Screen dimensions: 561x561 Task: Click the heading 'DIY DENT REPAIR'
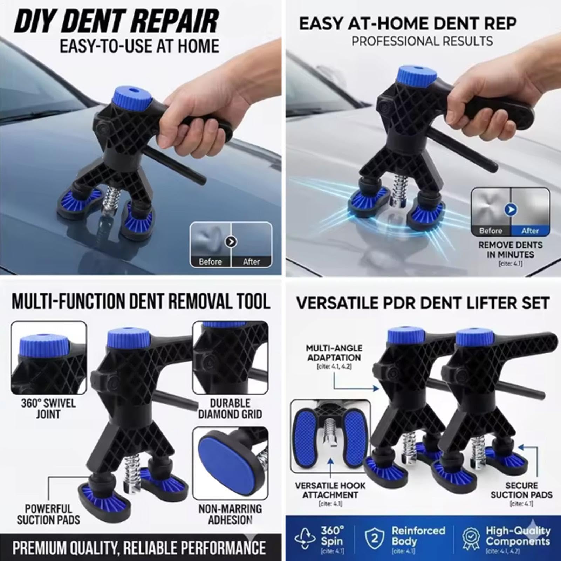(x=116, y=22)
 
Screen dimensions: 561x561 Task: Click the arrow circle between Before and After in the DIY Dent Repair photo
(x=231, y=242)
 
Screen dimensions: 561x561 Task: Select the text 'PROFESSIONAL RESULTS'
(x=422, y=41)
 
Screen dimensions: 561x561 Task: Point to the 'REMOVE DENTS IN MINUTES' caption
(x=510, y=249)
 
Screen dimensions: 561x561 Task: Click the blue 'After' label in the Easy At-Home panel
(x=530, y=231)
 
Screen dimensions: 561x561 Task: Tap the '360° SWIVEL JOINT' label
(x=48, y=409)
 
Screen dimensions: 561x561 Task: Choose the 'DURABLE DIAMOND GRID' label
(x=230, y=409)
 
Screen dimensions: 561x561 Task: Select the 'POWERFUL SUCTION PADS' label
(x=48, y=514)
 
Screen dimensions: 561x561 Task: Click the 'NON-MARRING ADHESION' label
(x=230, y=514)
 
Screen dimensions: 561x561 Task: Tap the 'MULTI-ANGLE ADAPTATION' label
(x=334, y=353)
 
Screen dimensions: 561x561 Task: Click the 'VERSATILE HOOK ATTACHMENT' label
(x=330, y=490)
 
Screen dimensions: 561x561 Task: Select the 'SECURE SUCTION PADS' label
(x=521, y=490)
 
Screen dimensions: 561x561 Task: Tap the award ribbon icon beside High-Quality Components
(x=471, y=539)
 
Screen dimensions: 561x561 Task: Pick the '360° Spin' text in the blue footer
(x=332, y=535)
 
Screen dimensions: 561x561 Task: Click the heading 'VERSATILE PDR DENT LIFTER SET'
(x=423, y=303)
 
